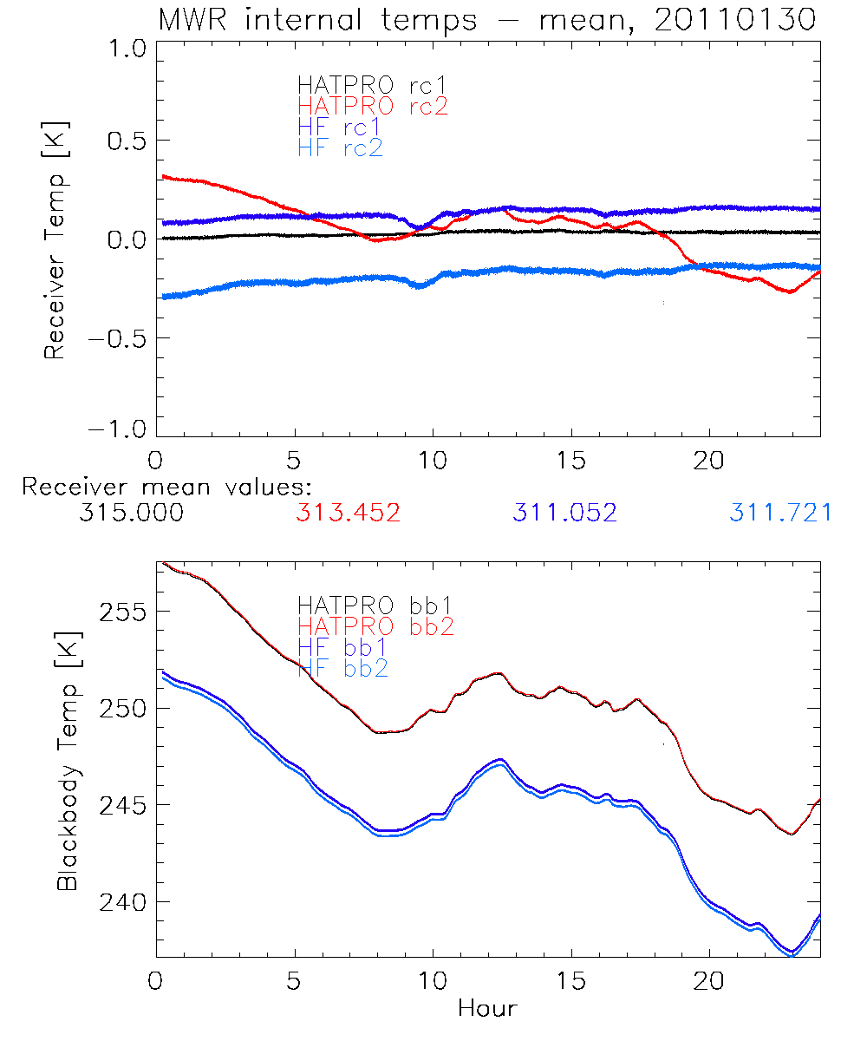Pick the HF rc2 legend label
pyautogui.click(x=340, y=148)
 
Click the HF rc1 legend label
pyautogui.click(x=340, y=128)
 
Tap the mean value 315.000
pyautogui.click(x=131, y=513)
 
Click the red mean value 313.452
pyautogui.click(x=348, y=513)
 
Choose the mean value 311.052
pyautogui.click(x=564, y=513)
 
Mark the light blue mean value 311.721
pyautogui.click(x=780, y=513)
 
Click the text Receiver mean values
pyautogui.click(x=166, y=487)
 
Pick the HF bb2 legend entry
pyautogui.click(x=342, y=668)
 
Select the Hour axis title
pyautogui.click(x=487, y=1009)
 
